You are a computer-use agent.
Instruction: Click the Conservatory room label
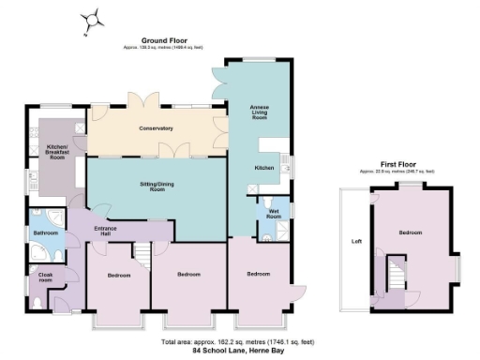(x=156, y=128)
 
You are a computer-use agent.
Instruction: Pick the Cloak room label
(x=45, y=277)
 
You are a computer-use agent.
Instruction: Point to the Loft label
(x=356, y=241)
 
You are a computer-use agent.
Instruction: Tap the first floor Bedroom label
(x=410, y=232)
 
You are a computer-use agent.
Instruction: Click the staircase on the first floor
(x=395, y=276)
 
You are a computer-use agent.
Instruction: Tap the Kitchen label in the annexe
(x=263, y=167)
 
